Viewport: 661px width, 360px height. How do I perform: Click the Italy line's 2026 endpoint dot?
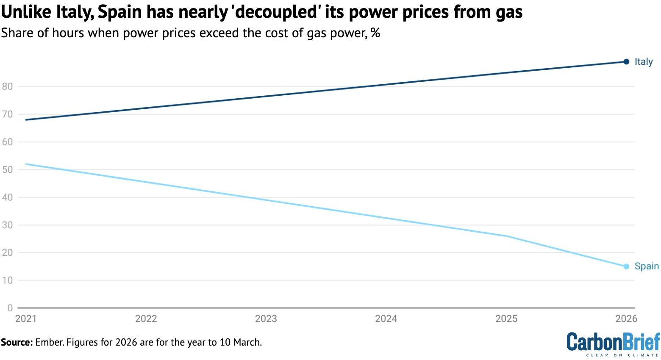626,62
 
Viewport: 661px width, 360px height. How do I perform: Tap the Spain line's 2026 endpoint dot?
626,266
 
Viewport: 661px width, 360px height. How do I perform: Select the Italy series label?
643,62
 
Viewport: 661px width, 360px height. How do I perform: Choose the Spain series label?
647,266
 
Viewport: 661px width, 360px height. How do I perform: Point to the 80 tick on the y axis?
7,86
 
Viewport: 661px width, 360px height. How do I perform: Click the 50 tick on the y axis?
7,169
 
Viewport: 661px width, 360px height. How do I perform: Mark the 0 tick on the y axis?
10,308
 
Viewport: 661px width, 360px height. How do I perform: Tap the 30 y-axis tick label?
7,225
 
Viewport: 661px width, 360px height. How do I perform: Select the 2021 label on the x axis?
26,319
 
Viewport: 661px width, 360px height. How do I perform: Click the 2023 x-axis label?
266,319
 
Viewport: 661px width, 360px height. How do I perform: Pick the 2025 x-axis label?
506,319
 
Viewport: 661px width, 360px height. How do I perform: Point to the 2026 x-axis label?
626,319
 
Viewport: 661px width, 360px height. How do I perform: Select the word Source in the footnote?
17,342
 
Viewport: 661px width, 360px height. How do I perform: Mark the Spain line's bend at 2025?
506,236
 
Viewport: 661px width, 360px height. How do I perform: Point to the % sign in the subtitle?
375,33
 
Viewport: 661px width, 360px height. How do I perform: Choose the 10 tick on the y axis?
7,280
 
